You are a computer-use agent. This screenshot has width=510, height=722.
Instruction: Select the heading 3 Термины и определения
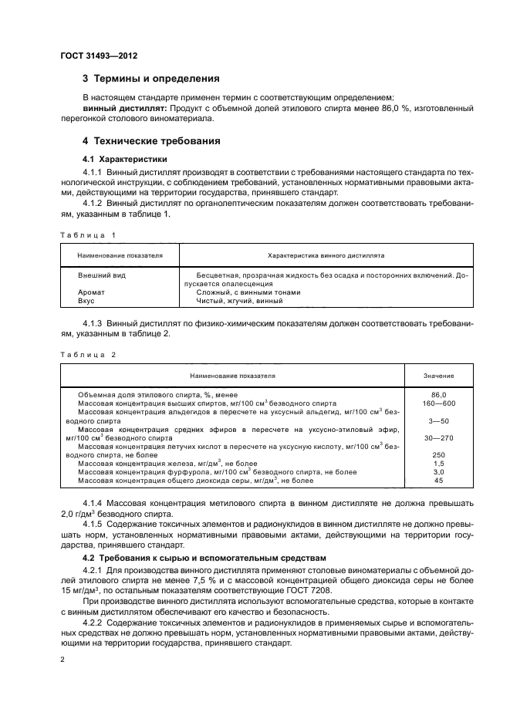click(x=152, y=79)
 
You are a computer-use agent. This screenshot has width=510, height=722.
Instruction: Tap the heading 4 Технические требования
click(x=153, y=141)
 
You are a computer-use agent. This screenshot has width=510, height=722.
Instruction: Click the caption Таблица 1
click(x=86, y=234)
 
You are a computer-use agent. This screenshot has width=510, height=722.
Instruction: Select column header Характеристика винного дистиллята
click(x=326, y=254)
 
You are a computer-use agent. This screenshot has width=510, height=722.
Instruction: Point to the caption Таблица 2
click(x=86, y=355)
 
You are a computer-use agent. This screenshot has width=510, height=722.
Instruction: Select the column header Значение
click(x=438, y=375)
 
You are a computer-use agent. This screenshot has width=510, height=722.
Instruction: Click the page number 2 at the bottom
click(x=62, y=660)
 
